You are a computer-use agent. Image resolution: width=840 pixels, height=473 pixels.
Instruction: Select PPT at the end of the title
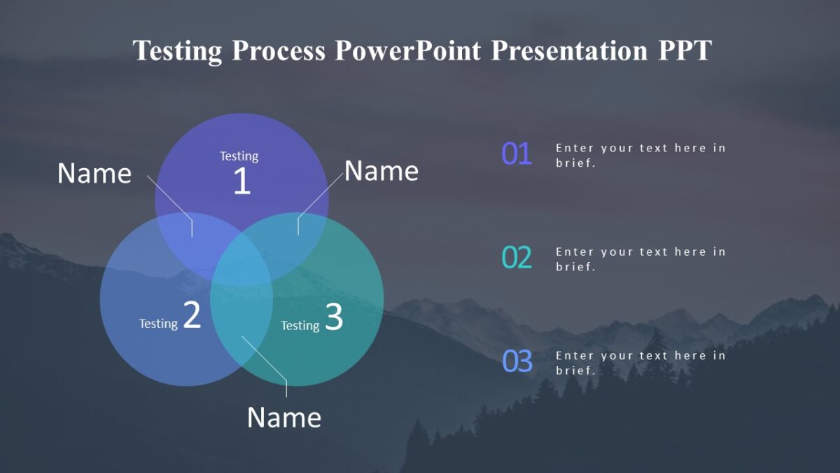coord(684,51)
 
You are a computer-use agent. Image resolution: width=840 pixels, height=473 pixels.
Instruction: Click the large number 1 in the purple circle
coord(241,181)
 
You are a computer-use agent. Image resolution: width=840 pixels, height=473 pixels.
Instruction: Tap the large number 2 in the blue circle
coord(192,315)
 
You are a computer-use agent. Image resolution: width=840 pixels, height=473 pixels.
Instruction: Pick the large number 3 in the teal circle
coord(334,317)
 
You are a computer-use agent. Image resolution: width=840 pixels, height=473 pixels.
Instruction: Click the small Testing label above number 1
coord(239,156)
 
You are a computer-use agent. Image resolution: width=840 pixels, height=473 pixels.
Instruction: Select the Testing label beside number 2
coord(158,324)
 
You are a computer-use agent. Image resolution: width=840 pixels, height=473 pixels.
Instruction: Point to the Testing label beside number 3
coord(300,326)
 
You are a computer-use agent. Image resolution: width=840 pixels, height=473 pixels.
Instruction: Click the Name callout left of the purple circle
coord(94,174)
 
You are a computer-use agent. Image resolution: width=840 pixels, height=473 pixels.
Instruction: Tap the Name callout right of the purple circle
coord(381,171)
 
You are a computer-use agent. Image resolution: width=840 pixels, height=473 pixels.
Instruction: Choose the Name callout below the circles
coord(284,418)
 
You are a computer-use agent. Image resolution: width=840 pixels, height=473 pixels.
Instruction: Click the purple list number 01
coord(517,154)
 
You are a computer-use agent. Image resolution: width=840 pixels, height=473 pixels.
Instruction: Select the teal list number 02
coord(517,258)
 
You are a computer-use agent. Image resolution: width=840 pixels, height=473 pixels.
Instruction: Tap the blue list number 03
coord(517,362)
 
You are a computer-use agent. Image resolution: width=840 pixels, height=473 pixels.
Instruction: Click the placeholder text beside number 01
coord(640,156)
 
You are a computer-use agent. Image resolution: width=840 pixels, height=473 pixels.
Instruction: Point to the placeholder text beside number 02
coord(640,259)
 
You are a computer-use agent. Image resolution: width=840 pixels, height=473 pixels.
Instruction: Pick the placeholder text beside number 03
coord(640,363)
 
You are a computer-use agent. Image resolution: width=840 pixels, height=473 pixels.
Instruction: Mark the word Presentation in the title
coord(570,51)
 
